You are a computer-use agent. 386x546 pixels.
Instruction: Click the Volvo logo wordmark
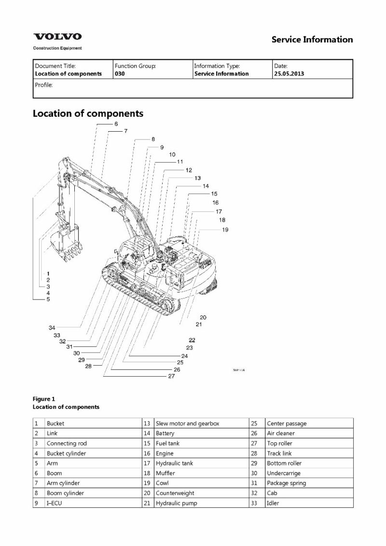click(57, 37)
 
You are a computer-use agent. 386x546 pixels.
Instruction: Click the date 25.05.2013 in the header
click(289, 74)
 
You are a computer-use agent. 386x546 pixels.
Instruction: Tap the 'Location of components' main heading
click(88, 114)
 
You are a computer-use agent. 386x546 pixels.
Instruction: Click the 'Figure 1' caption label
click(44, 399)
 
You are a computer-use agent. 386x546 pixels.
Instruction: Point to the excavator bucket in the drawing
click(66, 244)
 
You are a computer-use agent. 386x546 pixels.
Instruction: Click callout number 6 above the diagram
click(116, 124)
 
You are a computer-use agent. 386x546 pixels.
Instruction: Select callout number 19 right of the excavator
click(225, 230)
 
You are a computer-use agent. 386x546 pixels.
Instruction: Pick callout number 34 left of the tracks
click(52, 328)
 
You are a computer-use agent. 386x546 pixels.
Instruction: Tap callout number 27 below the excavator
click(171, 377)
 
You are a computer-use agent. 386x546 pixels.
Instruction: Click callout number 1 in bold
click(48, 273)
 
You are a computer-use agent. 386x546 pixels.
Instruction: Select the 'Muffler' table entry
click(165, 473)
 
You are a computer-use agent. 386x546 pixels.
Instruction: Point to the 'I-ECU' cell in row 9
click(54, 503)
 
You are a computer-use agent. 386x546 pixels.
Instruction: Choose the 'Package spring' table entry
click(286, 483)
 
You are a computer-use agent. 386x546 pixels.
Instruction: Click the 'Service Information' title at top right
click(312, 40)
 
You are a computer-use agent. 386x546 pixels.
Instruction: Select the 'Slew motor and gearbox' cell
click(187, 423)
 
